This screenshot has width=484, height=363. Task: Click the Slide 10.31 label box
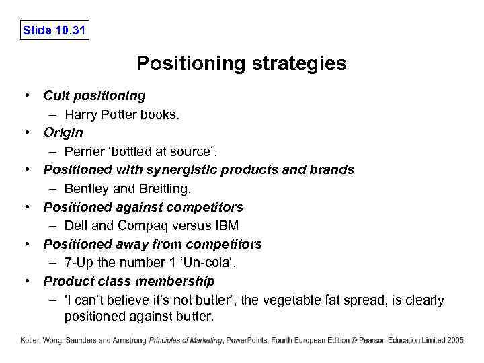(x=54, y=30)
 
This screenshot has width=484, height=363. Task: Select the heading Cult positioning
(x=94, y=95)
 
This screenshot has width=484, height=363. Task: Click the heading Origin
(x=63, y=132)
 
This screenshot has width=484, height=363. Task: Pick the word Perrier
(x=85, y=151)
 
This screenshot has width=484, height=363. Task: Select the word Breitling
(x=155, y=188)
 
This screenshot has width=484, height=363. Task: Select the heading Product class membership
(x=129, y=280)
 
